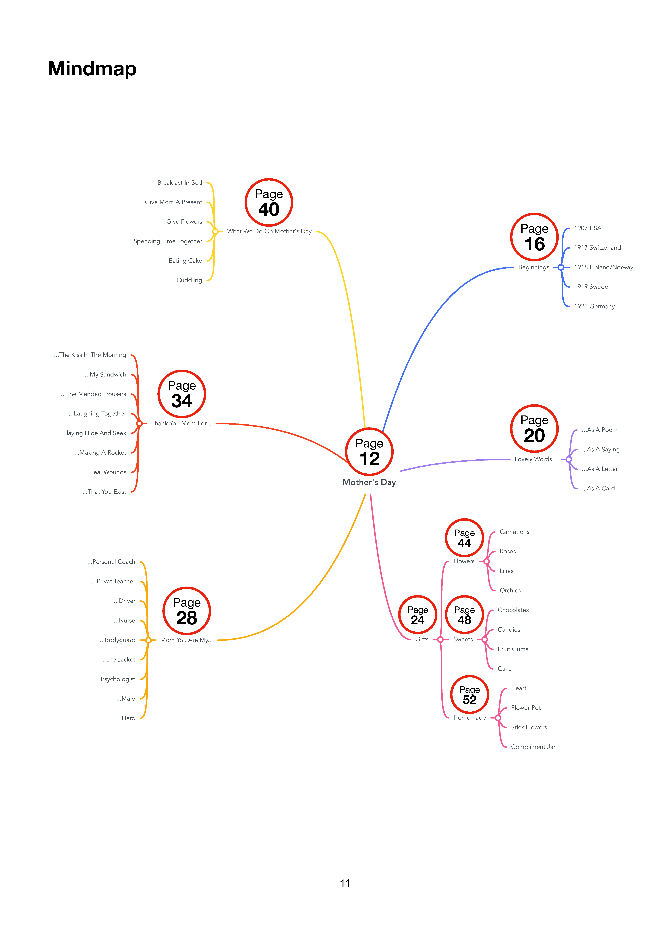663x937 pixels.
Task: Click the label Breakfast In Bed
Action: tap(180, 182)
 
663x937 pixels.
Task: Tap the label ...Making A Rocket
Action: tap(100, 453)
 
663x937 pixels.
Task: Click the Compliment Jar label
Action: tap(533, 747)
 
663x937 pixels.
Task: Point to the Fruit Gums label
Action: tap(513, 649)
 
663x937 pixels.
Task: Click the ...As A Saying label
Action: tap(600, 449)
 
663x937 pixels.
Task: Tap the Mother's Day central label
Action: tap(369, 482)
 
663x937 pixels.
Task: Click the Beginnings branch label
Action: tap(534, 267)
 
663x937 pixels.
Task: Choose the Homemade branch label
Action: tap(469, 717)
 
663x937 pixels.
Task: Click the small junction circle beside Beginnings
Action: tap(561, 267)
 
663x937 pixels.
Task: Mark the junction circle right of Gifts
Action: tap(440, 639)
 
